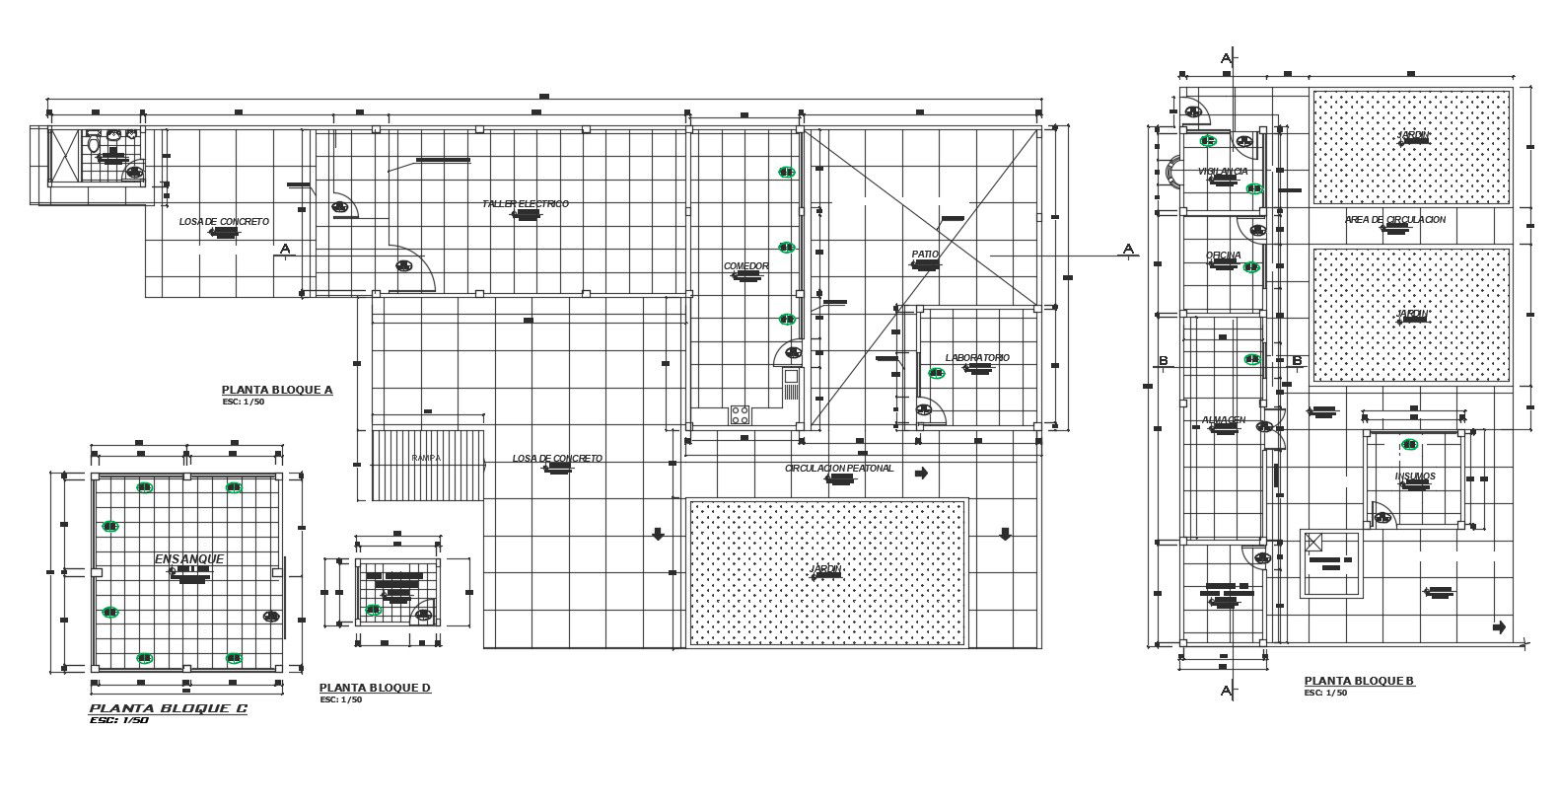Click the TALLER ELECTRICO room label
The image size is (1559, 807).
click(x=526, y=204)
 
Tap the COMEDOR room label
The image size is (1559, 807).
click(x=745, y=266)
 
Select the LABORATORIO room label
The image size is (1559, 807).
click(x=976, y=358)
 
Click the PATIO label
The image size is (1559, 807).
click(x=925, y=255)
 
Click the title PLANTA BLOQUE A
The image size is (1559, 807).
click(x=277, y=390)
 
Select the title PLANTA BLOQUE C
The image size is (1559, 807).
click(x=169, y=708)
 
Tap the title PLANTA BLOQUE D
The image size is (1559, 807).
click(x=375, y=688)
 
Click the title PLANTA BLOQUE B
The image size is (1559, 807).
click(x=1359, y=681)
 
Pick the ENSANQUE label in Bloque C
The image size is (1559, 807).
click(x=189, y=559)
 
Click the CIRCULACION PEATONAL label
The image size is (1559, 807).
click(x=839, y=469)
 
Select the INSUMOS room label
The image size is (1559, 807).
click(x=1414, y=477)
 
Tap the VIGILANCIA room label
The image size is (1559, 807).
click(x=1222, y=172)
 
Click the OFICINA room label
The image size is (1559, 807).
click(x=1223, y=256)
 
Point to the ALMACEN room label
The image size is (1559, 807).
click(x=1223, y=420)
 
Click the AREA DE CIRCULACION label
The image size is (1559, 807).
click(x=1394, y=219)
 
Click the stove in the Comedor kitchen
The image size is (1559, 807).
click(x=740, y=414)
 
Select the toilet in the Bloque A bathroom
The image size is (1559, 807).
click(x=95, y=145)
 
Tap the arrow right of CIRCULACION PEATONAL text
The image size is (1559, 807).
click(x=922, y=474)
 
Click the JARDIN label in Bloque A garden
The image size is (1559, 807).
click(x=825, y=569)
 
